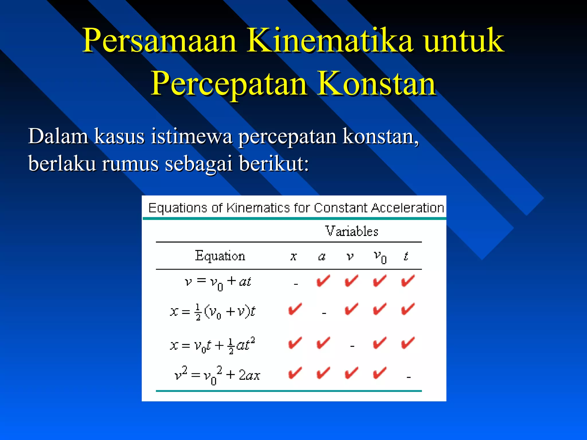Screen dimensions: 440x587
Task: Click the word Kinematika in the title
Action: (x=330, y=41)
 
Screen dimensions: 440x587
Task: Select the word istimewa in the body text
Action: (x=191, y=136)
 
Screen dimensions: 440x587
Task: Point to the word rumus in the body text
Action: (x=130, y=164)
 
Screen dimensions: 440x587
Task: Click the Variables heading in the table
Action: (x=351, y=231)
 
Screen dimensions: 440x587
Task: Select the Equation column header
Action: (x=220, y=256)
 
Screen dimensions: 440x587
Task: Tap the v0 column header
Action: (x=380, y=256)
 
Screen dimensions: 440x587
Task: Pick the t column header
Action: (x=406, y=256)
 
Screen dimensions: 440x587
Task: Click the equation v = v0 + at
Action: (x=218, y=282)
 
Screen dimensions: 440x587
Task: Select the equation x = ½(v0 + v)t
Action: (x=212, y=311)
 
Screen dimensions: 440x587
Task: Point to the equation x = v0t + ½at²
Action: (x=212, y=345)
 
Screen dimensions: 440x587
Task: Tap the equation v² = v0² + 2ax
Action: (x=217, y=375)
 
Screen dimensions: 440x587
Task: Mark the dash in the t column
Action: (x=409, y=377)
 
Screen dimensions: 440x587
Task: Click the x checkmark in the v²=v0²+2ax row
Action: (x=295, y=373)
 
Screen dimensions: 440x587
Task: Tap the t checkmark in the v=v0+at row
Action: (x=408, y=281)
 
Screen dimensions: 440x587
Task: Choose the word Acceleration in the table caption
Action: (x=407, y=208)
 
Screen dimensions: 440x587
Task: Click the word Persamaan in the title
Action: (x=159, y=41)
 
